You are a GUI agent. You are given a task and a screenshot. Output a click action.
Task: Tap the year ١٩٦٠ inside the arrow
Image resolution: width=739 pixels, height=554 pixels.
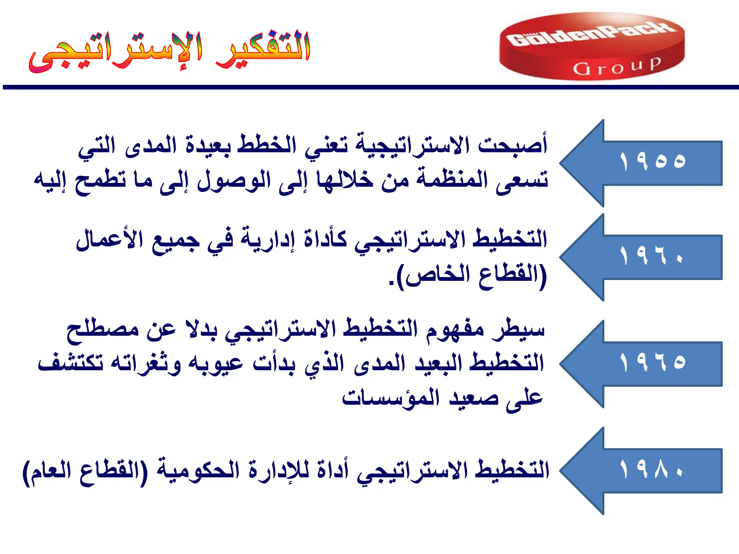652,256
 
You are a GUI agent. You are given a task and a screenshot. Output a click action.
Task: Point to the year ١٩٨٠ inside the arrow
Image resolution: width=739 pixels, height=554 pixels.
652,469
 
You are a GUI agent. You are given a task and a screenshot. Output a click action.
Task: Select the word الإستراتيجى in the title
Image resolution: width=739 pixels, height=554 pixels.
115,52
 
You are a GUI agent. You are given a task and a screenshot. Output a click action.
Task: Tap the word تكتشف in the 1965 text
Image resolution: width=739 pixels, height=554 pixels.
71,362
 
